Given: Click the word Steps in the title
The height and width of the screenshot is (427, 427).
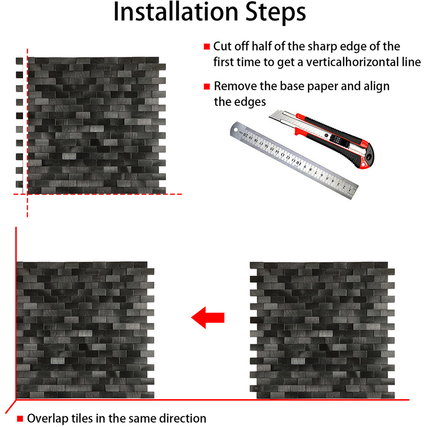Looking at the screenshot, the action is [x=275, y=13].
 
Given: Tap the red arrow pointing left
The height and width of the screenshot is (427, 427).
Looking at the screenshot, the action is [x=208, y=318].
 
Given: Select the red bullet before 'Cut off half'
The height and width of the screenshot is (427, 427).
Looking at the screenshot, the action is [x=207, y=47].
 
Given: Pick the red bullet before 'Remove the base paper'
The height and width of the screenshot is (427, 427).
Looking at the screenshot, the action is [x=207, y=87].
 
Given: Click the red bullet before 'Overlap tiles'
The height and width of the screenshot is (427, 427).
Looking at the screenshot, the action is [x=20, y=418].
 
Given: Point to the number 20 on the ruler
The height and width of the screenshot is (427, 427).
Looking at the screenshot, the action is [x=246, y=135].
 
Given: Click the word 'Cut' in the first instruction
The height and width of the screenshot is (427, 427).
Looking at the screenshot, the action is [x=222, y=46].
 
